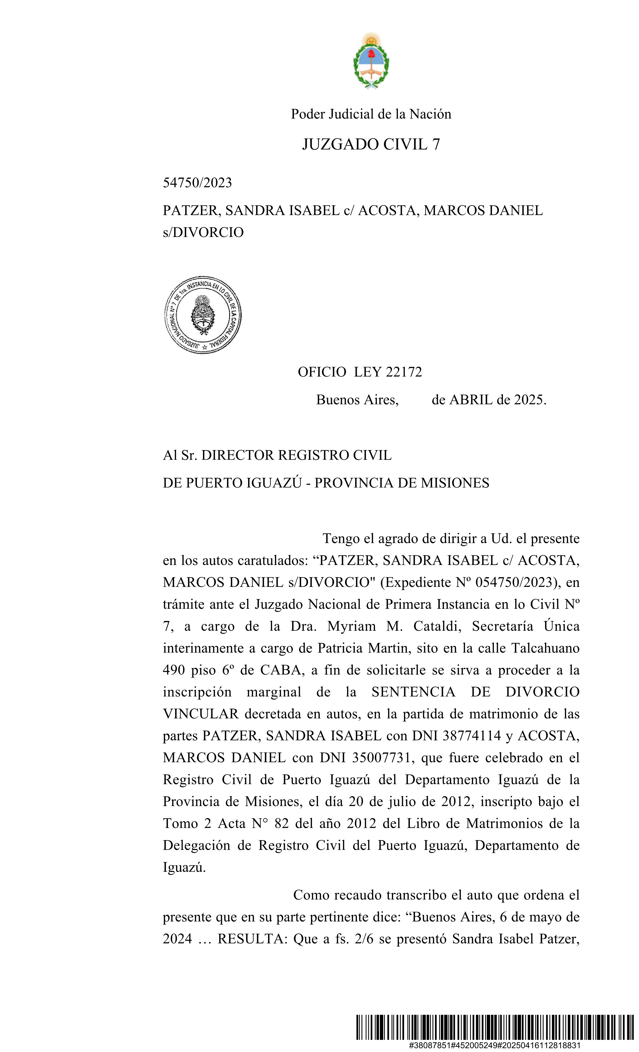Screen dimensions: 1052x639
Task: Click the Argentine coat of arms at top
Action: (x=371, y=61)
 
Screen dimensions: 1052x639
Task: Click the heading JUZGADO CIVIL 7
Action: (x=371, y=145)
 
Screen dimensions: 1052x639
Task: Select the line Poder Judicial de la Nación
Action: (x=371, y=114)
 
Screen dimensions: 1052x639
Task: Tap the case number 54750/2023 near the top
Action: (x=197, y=183)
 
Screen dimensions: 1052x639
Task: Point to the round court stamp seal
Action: (x=203, y=315)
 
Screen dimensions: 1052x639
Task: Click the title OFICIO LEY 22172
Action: (x=360, y=372)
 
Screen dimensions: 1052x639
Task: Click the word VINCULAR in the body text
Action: (x=200, y=714)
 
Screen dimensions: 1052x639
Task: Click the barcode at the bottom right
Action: (x=495, y=1027)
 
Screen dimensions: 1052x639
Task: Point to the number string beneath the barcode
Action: (x=495, y=1045)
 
